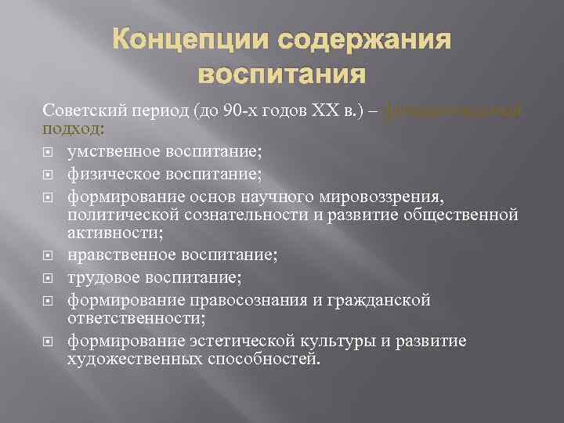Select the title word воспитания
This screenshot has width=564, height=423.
(x=282, y=75)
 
